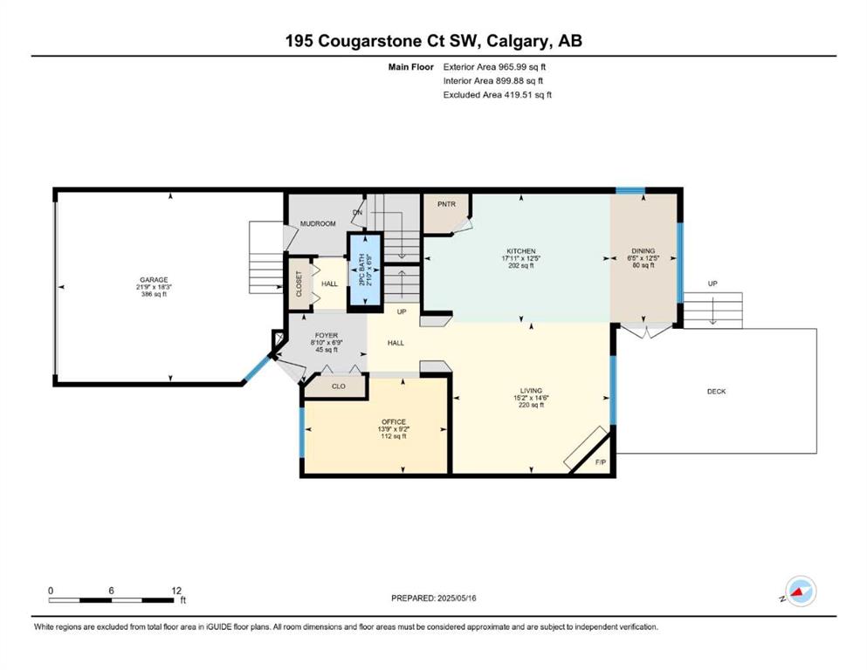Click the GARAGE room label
(154, 279)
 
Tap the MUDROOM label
(318, 223)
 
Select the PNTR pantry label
(446, 204)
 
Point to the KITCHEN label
(521, 251)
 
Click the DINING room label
(643, 250)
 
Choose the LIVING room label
(531, 391)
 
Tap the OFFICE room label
(394, 422)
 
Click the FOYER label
(327, 336)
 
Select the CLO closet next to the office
(339, 386)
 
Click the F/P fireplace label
(601, 462)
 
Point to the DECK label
(717, 392)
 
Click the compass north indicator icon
(801, 591)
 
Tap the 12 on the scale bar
(176, 591)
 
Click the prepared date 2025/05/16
(457, 598)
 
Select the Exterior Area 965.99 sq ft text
(494, 67)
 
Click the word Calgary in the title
(518, 41)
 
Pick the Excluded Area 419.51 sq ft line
(498, 95)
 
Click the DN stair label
(358, 213)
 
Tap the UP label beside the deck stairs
(712, 284)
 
